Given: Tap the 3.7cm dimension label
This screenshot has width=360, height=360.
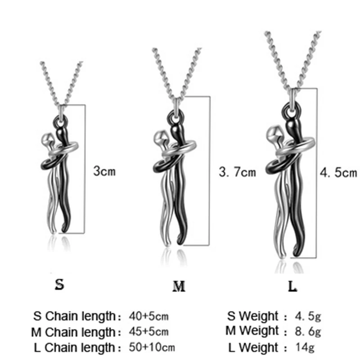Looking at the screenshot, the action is (x=236, y=171).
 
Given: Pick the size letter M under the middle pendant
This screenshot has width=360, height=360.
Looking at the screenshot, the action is (x=179, y=287).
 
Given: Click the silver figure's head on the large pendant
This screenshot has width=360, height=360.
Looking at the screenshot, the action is (x=276, y=134).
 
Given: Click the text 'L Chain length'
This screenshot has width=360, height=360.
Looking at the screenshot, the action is (x=75, y=347).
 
